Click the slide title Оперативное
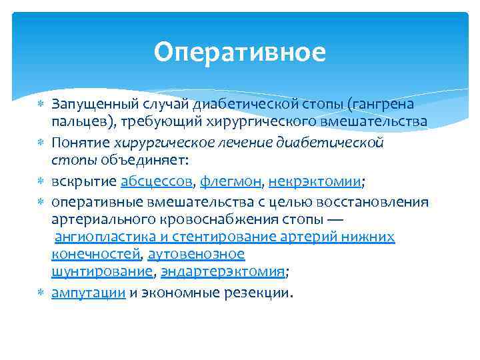point(239,52)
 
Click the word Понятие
point(81,142)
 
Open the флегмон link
point(231,181)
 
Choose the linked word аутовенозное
point(196,254)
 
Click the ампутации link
point(89,293)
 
